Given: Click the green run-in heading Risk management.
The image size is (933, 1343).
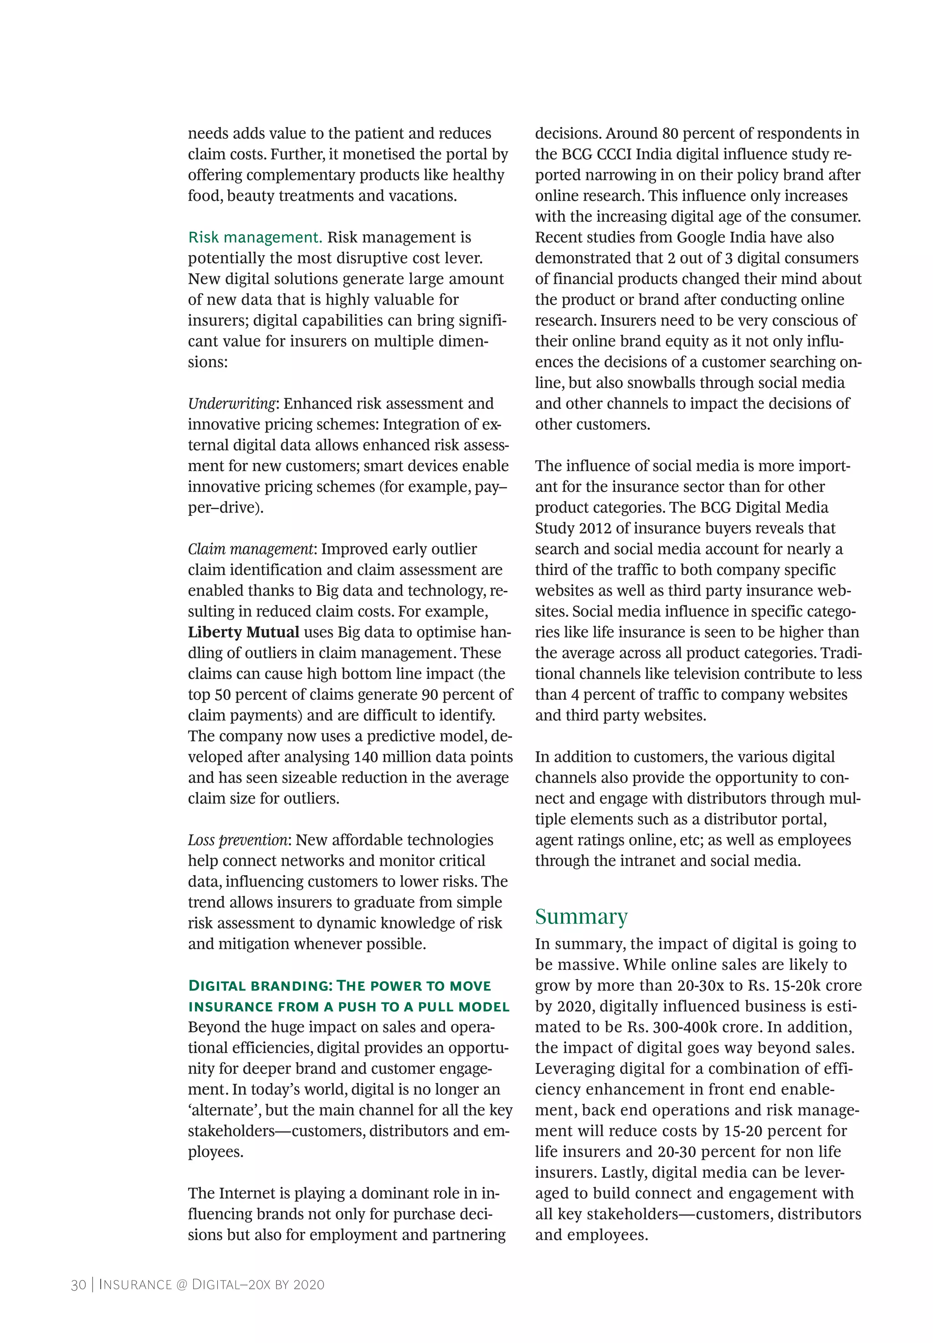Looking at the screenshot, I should click(x=255, y=237).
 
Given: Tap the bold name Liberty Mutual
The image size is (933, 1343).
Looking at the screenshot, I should click(x=243, y=632).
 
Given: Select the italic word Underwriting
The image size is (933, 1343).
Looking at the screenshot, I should click(x=231, y=404).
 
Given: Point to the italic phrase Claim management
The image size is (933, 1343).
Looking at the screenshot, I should click(x=251, y=549).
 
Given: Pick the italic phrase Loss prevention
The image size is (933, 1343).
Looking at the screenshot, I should click(x=237, y=841).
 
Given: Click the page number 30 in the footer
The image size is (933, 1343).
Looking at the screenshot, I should click(x=78, y=1285).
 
